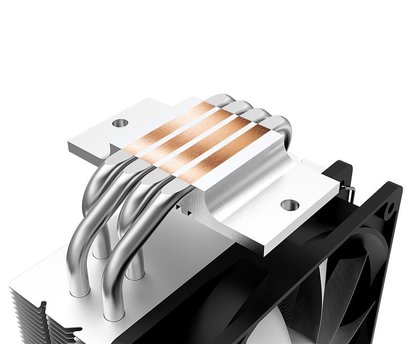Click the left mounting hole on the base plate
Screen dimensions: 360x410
click(x=119, y=122)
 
